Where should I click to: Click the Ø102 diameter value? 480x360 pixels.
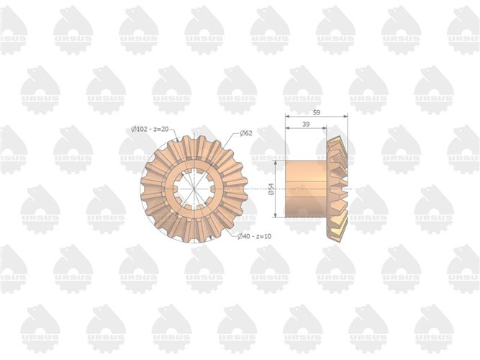pos(140,129)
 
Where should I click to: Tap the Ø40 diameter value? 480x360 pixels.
pos(244,235)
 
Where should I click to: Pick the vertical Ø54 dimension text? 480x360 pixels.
pos(271,190)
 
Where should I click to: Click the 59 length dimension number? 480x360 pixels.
pos(317,112)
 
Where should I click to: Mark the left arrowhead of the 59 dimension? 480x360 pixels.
pos(287,116)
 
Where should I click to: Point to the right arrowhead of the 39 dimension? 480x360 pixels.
pos(325,128)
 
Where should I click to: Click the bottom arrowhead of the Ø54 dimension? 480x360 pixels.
pos(277,215)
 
